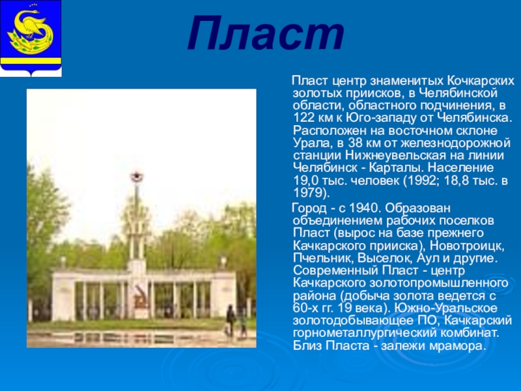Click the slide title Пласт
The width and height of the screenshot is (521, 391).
(266, 34)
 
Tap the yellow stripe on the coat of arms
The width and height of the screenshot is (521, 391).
(31, 61)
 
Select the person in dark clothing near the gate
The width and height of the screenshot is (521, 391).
(231, 320)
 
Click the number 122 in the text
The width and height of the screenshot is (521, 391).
(303, 118)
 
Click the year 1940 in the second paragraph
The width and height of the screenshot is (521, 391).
(363, 208)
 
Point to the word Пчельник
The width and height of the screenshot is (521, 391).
(318, 258)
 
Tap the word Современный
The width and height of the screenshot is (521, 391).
(335, 270)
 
